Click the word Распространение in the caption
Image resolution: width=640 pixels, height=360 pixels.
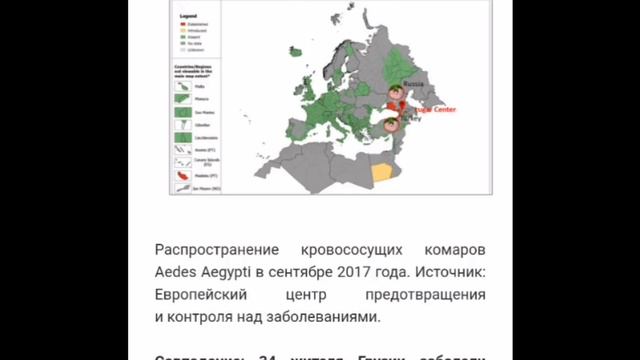pyautogui.click(x=208, y=248)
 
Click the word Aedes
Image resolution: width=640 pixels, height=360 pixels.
pyautogui.click(x=175, y=271)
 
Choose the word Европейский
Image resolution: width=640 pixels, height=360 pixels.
pyautogui.click(x=204, y=295)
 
